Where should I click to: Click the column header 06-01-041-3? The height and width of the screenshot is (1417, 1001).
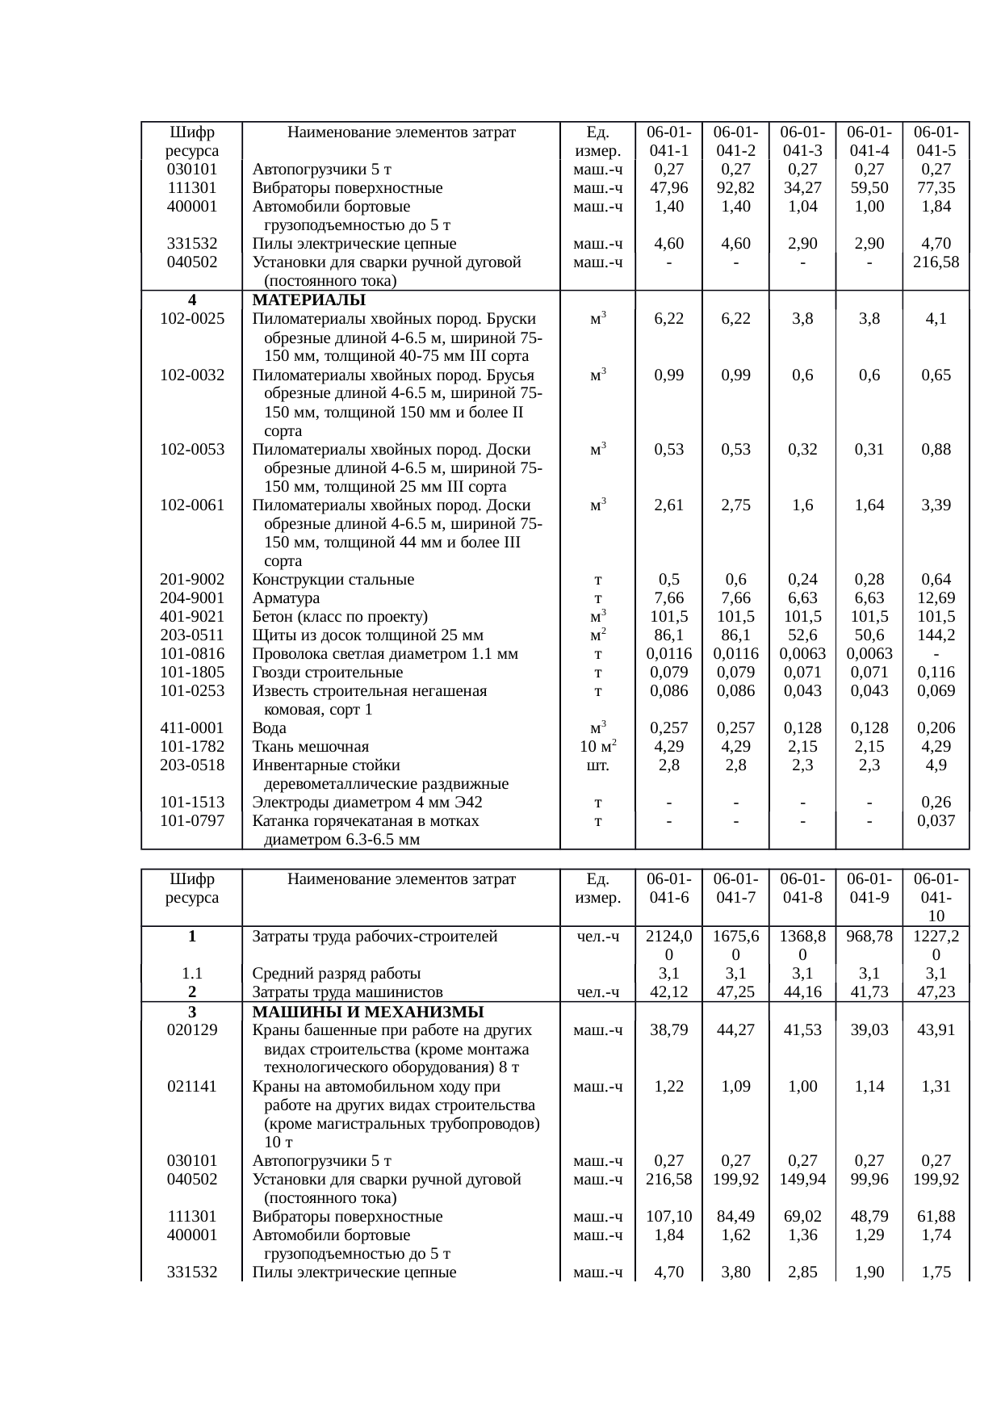point(802,141)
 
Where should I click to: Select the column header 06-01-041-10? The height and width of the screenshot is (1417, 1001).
point(936,897)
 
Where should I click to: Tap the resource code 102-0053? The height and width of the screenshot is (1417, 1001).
point(192,450)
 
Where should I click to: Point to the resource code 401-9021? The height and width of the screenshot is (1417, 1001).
point(192,617)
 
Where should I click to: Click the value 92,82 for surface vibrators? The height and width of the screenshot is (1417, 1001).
point(735,188)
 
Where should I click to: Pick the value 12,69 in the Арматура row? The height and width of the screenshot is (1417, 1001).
point(936,598)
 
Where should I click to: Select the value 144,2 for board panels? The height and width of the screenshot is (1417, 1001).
point(936,635)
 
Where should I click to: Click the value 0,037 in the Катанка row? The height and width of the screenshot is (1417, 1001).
point(936,821)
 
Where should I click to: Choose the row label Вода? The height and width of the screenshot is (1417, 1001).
point(269,728)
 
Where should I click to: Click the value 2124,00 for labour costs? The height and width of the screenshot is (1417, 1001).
point(669,945)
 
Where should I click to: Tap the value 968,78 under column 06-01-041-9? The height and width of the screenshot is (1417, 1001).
point(869,937)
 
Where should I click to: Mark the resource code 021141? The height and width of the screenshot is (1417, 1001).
point(192,1087)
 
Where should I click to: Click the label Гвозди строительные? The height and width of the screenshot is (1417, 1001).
point(328,673)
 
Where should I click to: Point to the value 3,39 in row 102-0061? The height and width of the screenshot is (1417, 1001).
point(936,505)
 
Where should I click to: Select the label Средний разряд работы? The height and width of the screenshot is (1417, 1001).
point(337,974)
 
